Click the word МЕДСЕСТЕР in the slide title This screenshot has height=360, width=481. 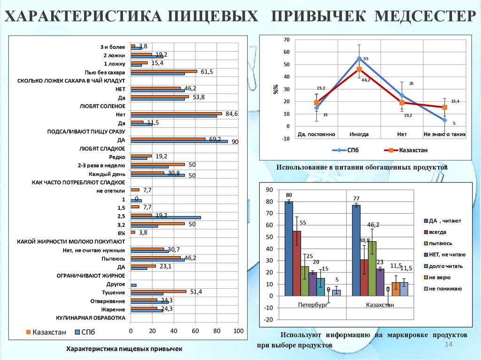tap(425, 17)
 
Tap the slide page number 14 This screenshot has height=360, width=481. tap(448, 345)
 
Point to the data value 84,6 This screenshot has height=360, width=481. tap(232, 114)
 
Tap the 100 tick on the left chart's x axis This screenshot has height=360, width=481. tap(238, 331)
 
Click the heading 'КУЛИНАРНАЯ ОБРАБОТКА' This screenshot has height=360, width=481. tap(91, 318)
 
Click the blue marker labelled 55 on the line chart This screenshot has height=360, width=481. tap(359, 59)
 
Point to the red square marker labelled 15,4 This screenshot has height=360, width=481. tap(445, 107)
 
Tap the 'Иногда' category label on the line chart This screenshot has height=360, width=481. tap(359, 134)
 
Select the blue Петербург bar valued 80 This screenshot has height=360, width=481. tap(288, 249)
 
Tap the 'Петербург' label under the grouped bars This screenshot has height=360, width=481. tap(312, 305)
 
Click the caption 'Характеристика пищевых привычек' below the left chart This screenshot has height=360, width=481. tap(124, 349)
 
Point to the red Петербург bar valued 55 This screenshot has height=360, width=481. tap(297, 263)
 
